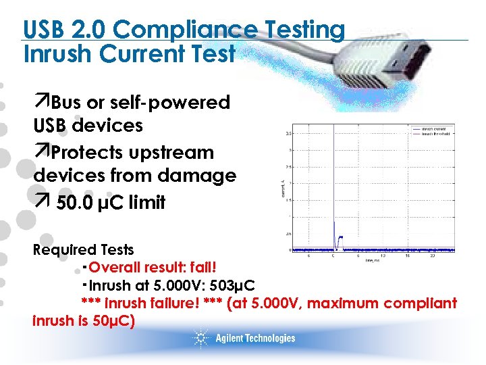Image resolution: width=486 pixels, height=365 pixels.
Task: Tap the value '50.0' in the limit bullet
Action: (76, 203)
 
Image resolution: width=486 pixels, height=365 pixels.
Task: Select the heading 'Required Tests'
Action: (84, 250)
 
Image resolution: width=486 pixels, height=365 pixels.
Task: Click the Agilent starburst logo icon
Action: (200, 338)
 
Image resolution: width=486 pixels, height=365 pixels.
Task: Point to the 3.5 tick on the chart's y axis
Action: (289, 132)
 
